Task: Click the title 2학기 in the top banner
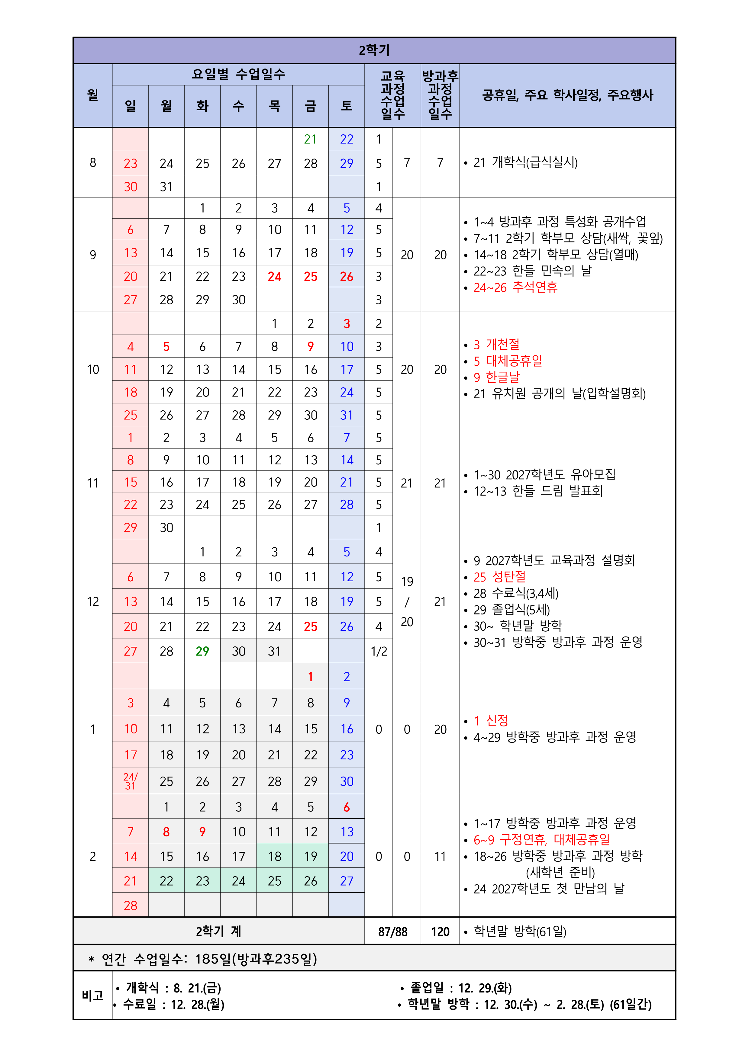pyautogui.click(x=374, y=50)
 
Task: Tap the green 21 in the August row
pyautogui.click(x=310, y=139)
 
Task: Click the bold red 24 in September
pyautogui.click(x=274, y=277)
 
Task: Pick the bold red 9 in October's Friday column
pyautogui.click(x=310, y=347)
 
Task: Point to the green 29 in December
pyautogui.click(x=202, y=651)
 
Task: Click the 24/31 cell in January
pyautogui.click(x=131, y=781)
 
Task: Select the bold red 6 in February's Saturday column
pyautogui.click(x=346, y=807)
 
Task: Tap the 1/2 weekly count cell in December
pyautogui.click(x=379, y=651)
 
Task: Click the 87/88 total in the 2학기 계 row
pyautogui.click(x=392, y=932)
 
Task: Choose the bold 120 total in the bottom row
pyautogui.click(x=440, y=932)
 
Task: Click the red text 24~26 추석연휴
pyautogui.click(x=515, y=287)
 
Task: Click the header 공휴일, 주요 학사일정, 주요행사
pyautogui.click(x=567, y=95)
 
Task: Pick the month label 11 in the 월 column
pyautogui.click(x=93, y=483)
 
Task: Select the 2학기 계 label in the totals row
pyautogui.click(x=219, y=932)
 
